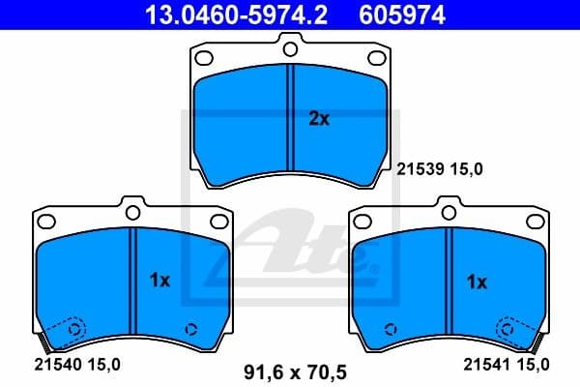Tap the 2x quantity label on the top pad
pos(319,119)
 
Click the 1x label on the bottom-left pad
pos(160,281)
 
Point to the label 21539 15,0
pos(440,168)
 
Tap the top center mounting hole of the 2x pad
pos(290,45)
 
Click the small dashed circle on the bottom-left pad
pos(190,327)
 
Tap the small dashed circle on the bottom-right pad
pos(390,327)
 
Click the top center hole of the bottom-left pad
pos(131,207)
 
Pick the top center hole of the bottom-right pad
pos(448,207)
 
